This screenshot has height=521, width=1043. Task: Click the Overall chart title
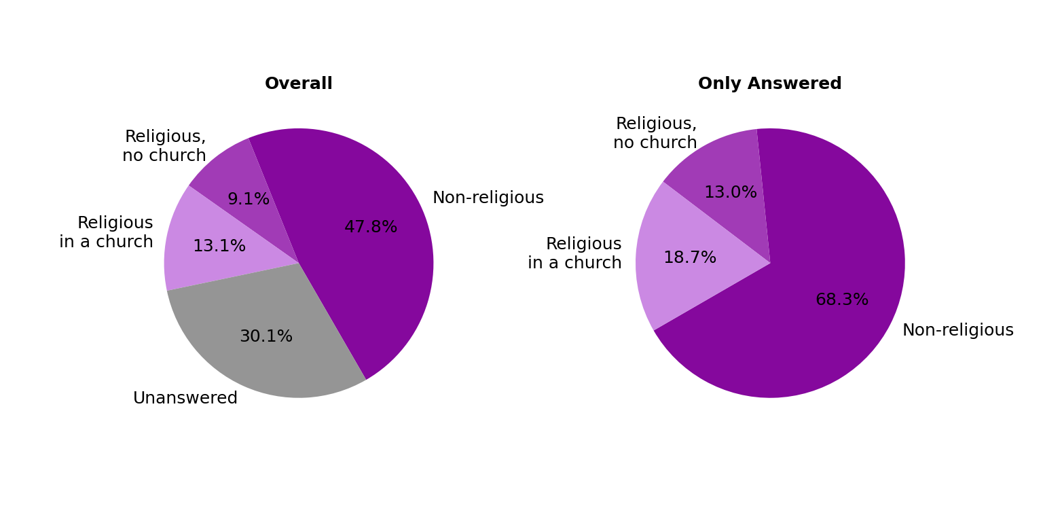pos(299,84)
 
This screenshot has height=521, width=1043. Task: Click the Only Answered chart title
pos(769,84)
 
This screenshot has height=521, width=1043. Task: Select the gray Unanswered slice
pos(272,353)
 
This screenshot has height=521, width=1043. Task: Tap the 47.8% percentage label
pos(370,228)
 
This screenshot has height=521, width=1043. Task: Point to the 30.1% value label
pos(266,337)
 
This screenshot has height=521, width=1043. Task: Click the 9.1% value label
pos(249,200)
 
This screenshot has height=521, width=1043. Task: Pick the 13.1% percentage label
pos(219,247)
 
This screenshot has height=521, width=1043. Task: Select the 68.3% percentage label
pos(841,300)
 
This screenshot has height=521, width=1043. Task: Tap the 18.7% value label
pos(689,258)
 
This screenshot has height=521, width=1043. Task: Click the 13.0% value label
pos(730,193)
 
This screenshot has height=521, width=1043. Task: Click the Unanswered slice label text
pos(185,399)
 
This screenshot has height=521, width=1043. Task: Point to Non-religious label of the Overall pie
pos(488,198)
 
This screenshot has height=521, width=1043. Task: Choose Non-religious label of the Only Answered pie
pos(957,331)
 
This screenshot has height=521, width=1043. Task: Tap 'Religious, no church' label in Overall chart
pos(164,146)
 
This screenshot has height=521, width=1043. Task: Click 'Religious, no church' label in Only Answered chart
pos(655,133)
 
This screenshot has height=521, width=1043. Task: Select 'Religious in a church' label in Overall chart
pos(107,232)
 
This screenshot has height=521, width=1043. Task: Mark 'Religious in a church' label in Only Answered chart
pos(575,253)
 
